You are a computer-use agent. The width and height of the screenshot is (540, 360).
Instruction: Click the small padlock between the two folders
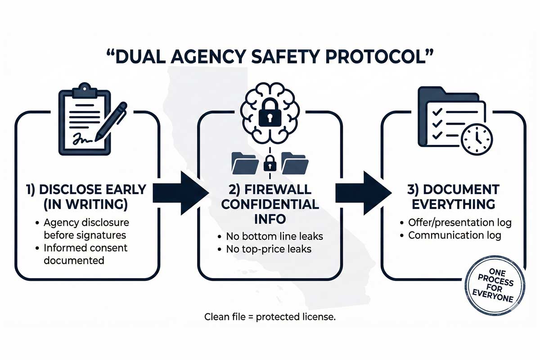coord(270,163)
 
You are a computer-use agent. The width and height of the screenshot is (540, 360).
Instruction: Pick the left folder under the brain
coord(245,163)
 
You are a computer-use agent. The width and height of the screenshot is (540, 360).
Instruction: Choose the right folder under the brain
coord(295,163)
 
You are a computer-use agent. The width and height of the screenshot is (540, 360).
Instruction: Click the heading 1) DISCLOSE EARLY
coord(86,189)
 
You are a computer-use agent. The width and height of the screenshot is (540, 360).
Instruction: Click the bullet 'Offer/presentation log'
coord(459,222)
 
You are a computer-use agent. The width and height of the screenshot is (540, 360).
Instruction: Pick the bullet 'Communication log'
coord(455,235)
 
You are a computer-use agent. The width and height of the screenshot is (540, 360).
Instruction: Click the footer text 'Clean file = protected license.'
coord(270,317)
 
